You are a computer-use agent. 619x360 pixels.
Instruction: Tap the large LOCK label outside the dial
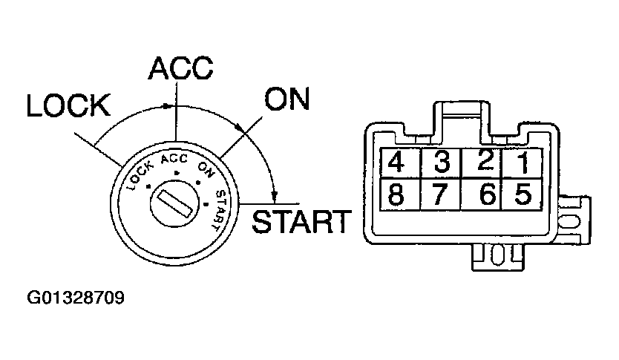pyautogui.click(x=68, y=105)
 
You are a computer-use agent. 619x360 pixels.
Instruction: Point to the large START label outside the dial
pyautogui.click(x=301, y=221)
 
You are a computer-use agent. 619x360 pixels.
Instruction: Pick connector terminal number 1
pyautogui.click(x=523, y=163)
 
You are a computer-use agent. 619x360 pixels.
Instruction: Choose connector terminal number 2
pyautogui.click(x=482, y=163)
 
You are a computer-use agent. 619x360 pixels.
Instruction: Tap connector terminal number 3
pyautogui.click(x=442, y=163)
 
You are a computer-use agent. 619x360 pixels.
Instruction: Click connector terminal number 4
pyautogui.click(x=400, y=163)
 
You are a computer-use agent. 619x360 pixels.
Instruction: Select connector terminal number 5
pyautogui.click(x=523, y=194)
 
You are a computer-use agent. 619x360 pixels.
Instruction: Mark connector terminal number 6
pyautogui.click(x=482, y=194)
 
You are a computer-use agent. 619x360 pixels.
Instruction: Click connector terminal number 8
pyautogui.click(x=400, y=194)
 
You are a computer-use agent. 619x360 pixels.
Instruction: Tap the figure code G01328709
pyautogui.click(x=76, y=298)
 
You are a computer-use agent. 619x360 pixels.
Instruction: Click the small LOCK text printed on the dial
pyautogui.click(x=140, y=176)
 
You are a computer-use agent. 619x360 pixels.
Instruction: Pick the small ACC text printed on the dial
pyautogui.click(x=174, y=159)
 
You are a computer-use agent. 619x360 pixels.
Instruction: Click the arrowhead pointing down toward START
pyautogui.click(x=275, y=196)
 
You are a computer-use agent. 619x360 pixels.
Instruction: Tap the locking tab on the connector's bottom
pyautogui.click(x=498, y=257)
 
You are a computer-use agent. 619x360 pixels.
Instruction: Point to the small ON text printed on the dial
pyautogui.click(x=206, y=170)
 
